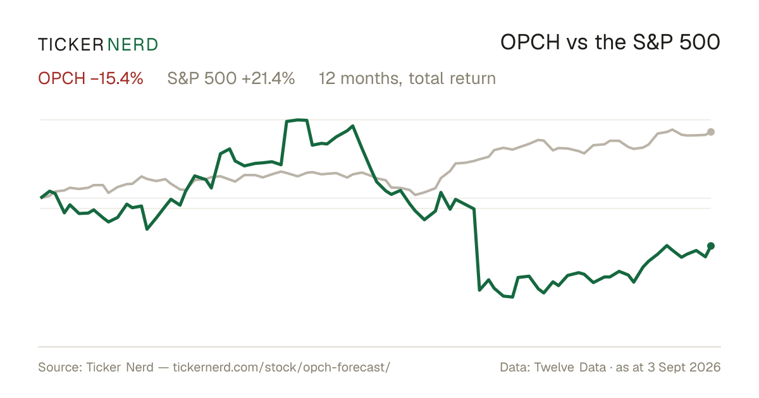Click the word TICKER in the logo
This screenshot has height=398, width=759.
click(70, 45)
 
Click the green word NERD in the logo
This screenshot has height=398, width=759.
click(132, 45)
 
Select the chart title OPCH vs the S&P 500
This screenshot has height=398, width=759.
click(610, 43)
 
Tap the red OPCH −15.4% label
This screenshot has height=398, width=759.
click(90, 78)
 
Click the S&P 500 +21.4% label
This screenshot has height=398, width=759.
click(231, 78)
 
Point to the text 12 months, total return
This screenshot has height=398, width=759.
click(407, 78)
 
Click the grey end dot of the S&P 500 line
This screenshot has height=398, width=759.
click(711, 132)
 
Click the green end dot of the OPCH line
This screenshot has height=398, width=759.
click(711, 246)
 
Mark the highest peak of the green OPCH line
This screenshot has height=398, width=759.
click(298, 119)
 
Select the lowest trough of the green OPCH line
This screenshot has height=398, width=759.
click(512, 297)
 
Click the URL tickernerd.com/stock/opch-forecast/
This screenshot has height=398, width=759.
click(281, 367)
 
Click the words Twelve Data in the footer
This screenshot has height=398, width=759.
click(570, 367)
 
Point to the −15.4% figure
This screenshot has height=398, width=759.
click(117, 78)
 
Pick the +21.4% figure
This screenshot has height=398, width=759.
click(268, 78)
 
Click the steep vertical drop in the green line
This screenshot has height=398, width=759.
click(477, 250)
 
